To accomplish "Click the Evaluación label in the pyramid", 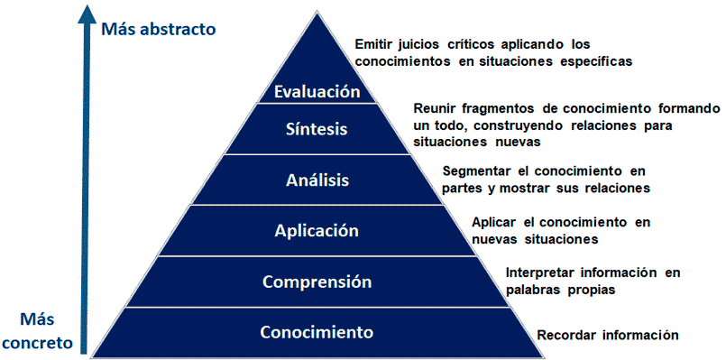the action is (317, 91).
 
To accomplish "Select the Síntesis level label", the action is (317, 129).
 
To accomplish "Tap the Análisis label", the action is (317, 180).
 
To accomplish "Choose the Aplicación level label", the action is (317, 230).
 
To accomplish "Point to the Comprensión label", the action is (317, 282).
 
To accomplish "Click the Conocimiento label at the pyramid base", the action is (317, 332).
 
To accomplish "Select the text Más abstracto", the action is (159, 29).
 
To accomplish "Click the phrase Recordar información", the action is (608, 335).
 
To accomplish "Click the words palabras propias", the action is (560, 290).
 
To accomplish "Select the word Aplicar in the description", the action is (493, 222).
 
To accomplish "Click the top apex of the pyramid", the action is (317, 12).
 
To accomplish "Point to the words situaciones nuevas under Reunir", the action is (476, 143).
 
